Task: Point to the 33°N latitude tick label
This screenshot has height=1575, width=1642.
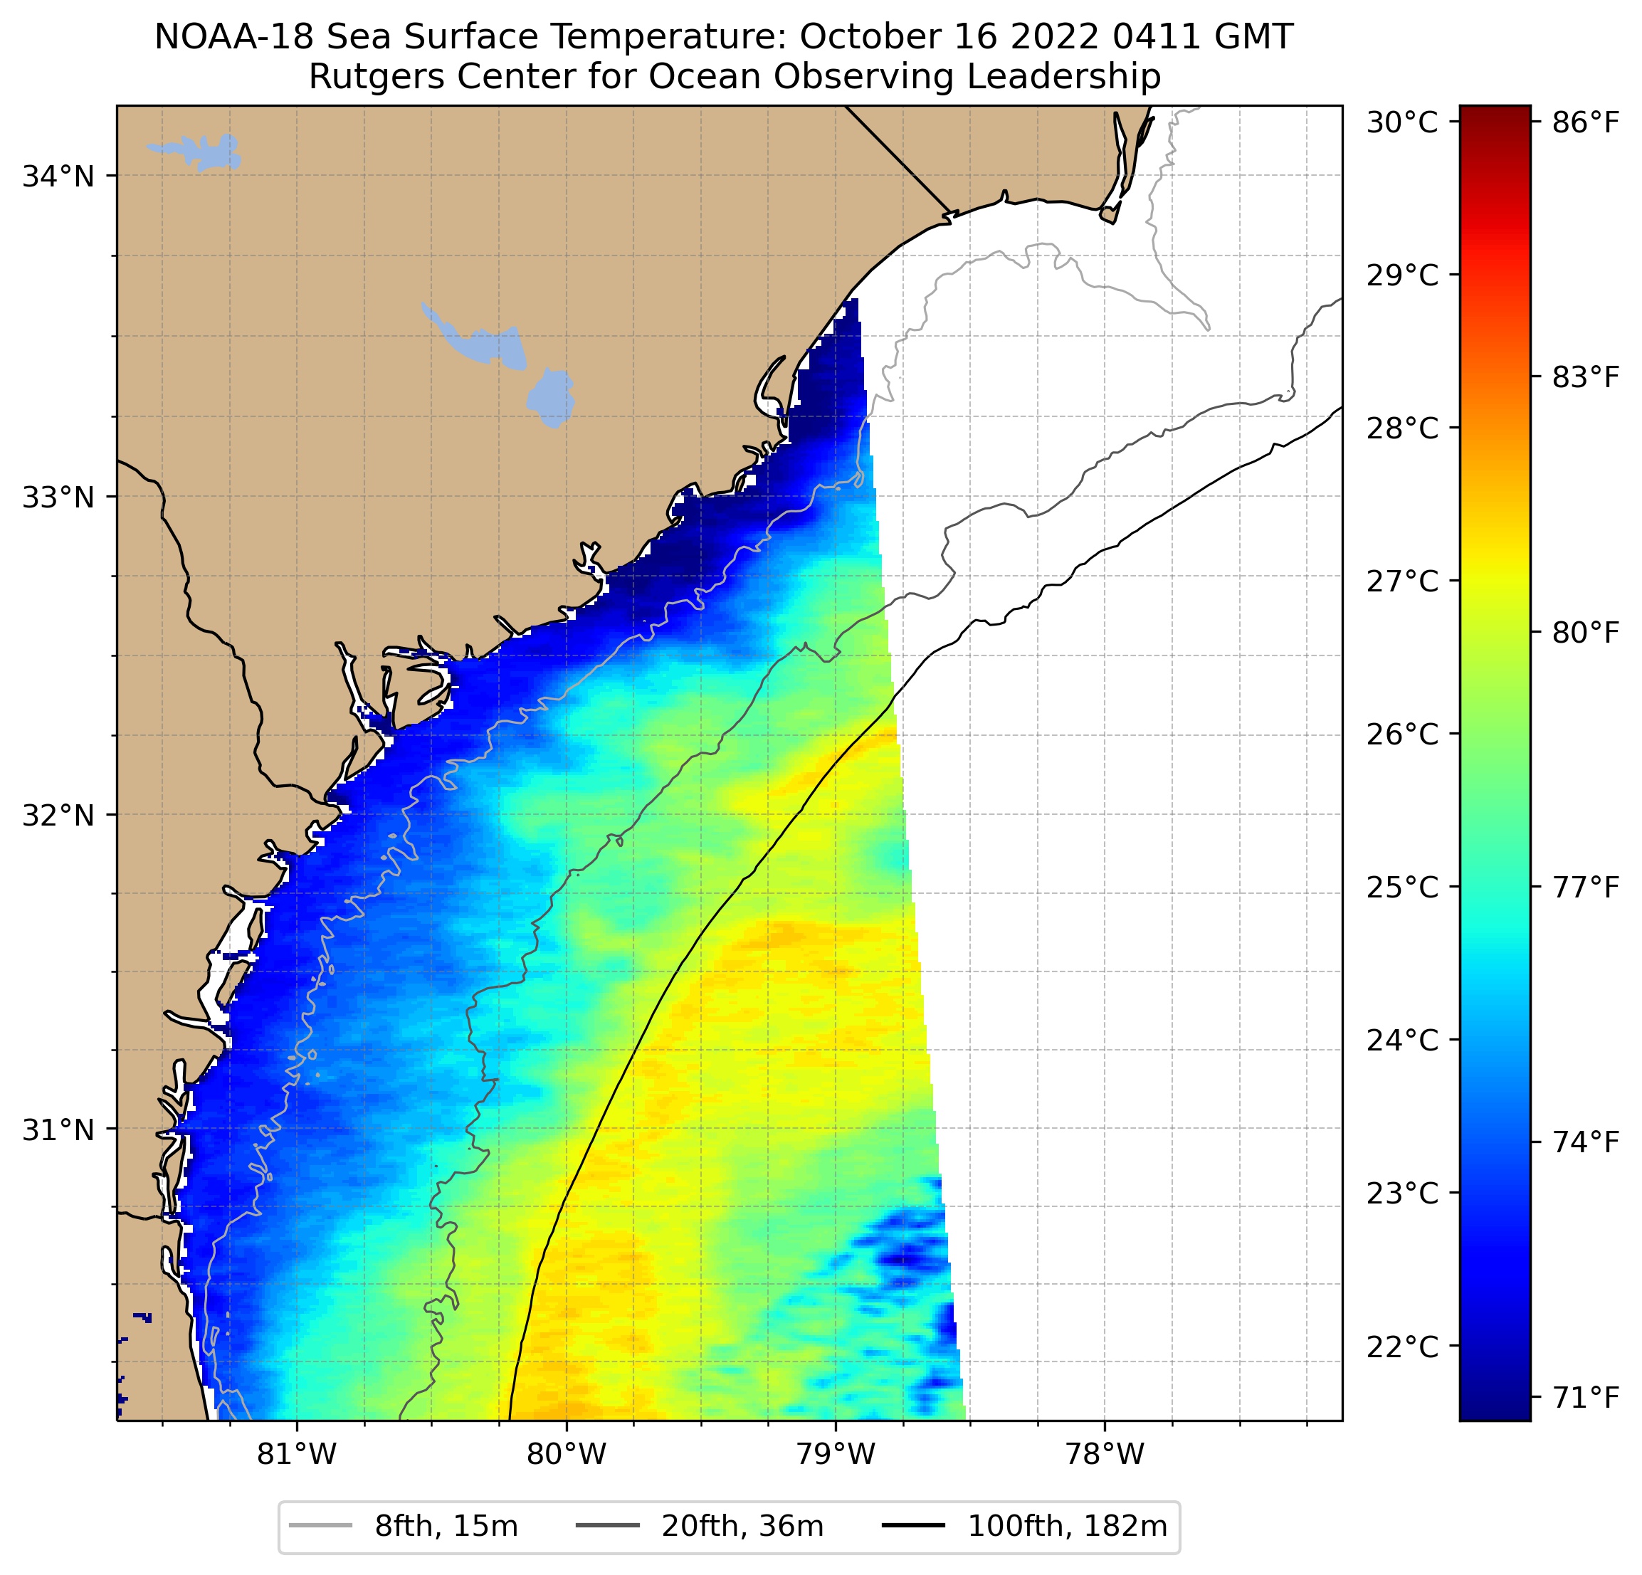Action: [58, 497]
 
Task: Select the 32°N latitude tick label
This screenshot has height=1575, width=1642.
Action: [58, 814]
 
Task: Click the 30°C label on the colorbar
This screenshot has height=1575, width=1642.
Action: [1401, 122]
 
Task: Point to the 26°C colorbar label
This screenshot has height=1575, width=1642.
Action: [1401, 734]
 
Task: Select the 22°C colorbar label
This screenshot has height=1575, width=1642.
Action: [1401, 1347]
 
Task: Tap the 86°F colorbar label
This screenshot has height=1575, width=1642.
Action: [1586, 122]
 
